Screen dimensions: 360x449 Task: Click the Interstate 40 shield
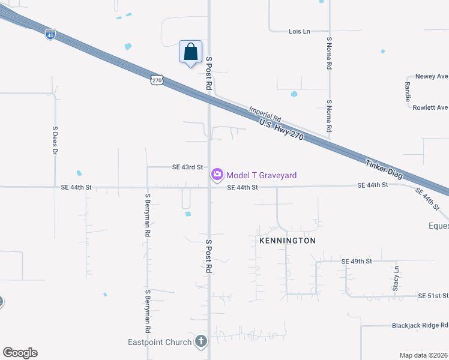pos(50,35)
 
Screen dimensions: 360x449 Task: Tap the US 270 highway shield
pos(157,79)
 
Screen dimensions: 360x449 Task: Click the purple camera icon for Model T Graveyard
pos(217,175)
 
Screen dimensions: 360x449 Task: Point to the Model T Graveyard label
pos(261,175)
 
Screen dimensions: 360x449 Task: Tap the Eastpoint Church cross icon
pos(200,343)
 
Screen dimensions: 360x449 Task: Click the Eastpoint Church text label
pos(160,343)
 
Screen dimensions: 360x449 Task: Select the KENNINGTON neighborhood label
pos(287,241)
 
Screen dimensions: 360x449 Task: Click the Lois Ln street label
pos(299,31)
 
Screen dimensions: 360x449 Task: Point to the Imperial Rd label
pos(265,112)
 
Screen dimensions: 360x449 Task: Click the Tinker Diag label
pos(384,170)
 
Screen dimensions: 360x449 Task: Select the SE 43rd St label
pos(188,167)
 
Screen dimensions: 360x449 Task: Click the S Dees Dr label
pos(55,140)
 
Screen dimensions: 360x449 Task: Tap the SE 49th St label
pos(357,262)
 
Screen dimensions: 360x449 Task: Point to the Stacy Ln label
pos(396,278)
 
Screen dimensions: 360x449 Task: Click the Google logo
pos(20,353)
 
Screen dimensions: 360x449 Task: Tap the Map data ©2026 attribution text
pos(423,355)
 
